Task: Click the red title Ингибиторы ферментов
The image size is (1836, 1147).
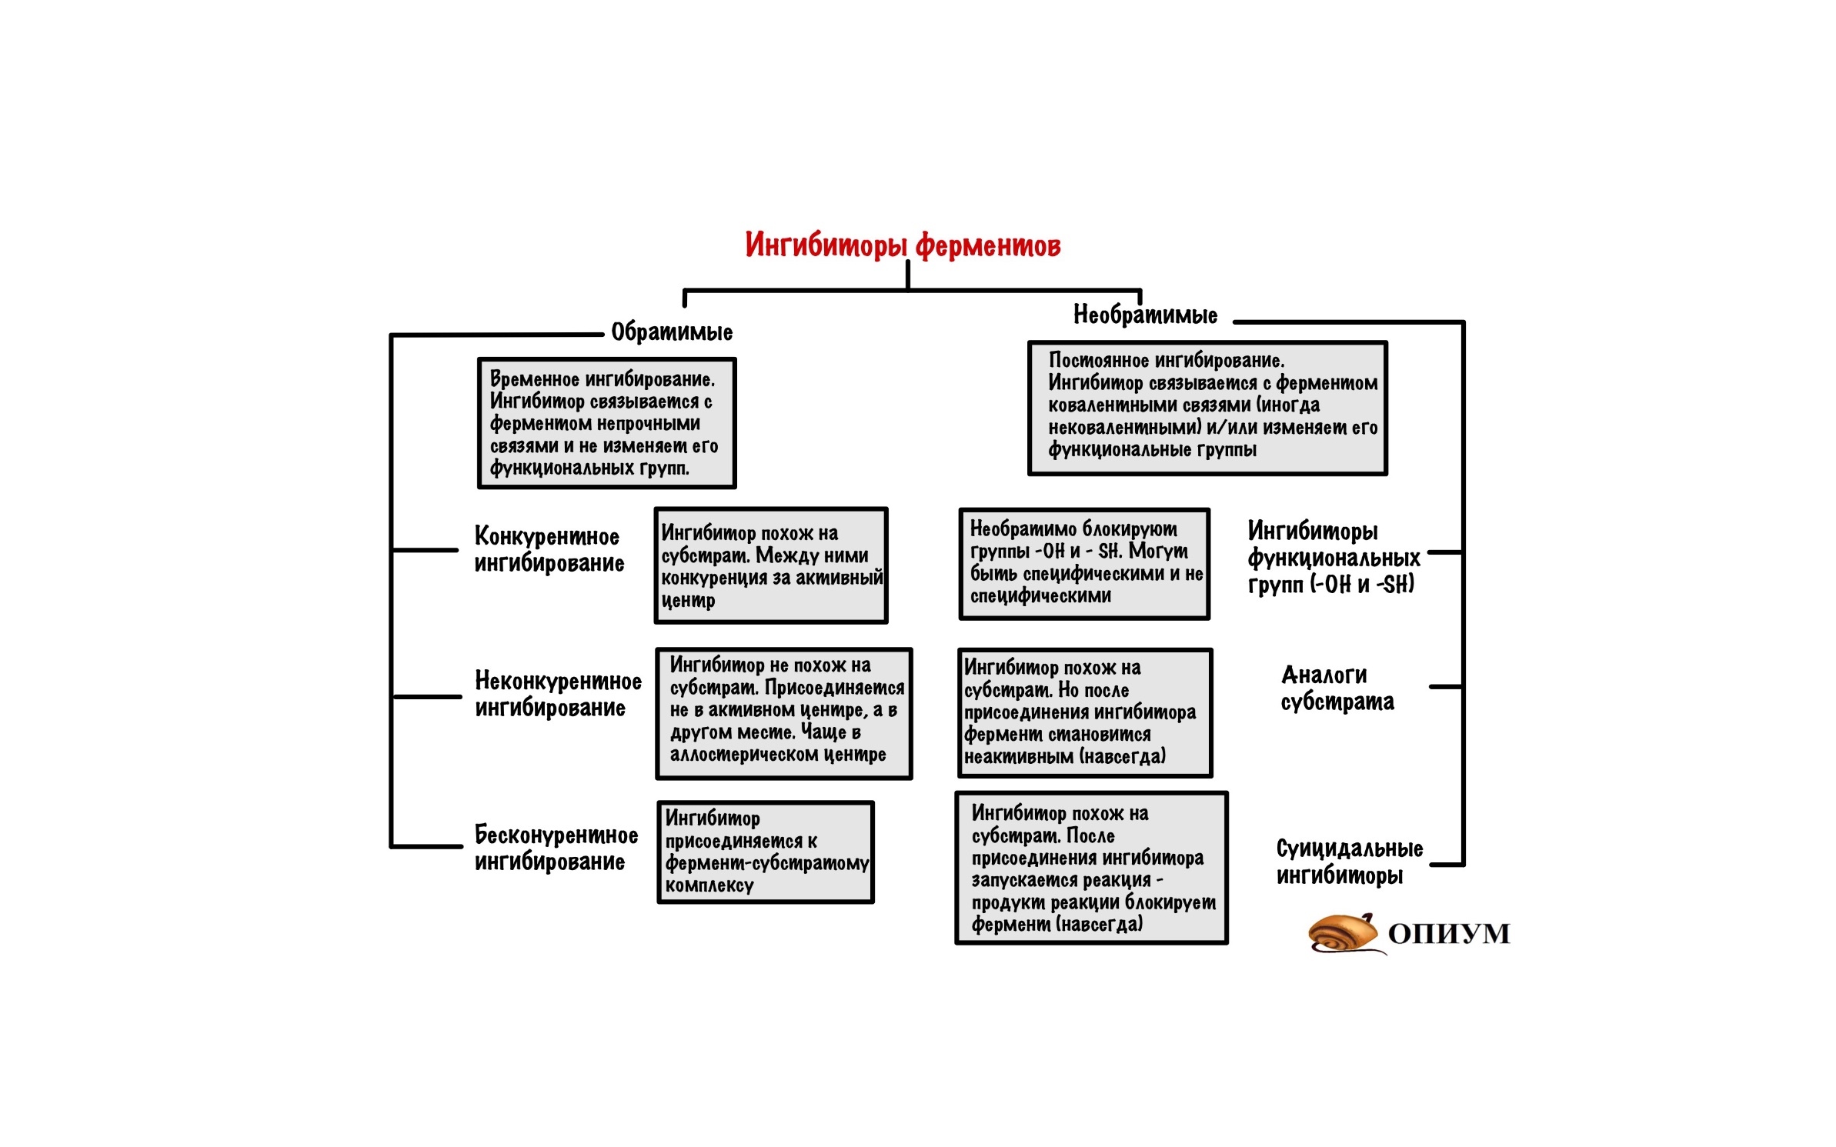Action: (903, 245)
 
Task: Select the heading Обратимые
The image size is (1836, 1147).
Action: (672, 332)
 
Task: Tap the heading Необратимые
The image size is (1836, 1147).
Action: (1145, 315)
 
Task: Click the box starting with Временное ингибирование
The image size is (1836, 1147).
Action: (606, 423)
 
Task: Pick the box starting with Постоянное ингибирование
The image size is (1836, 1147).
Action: (1207, 408)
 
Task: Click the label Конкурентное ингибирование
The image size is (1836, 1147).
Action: (549, 549)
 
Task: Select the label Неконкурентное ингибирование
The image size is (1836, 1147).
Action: (558, 694)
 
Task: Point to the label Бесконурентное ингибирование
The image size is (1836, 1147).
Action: (556, 848)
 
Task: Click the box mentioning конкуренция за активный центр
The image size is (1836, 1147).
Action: (771, 565)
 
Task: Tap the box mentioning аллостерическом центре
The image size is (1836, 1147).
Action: (784, 714)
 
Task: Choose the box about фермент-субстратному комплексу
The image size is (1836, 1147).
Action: (766, 852)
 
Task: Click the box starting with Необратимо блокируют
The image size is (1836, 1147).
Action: (1084, 564)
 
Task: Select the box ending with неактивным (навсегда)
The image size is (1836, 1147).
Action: (1084, 713)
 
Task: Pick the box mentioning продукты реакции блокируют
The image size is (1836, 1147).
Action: (1091, 868)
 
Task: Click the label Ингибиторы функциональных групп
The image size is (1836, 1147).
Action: (1334, 557)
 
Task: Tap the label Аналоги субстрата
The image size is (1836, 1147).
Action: (1337, 689)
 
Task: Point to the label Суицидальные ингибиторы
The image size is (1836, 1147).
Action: (1350, 862)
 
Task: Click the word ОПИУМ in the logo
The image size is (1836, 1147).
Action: (1448, 933)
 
